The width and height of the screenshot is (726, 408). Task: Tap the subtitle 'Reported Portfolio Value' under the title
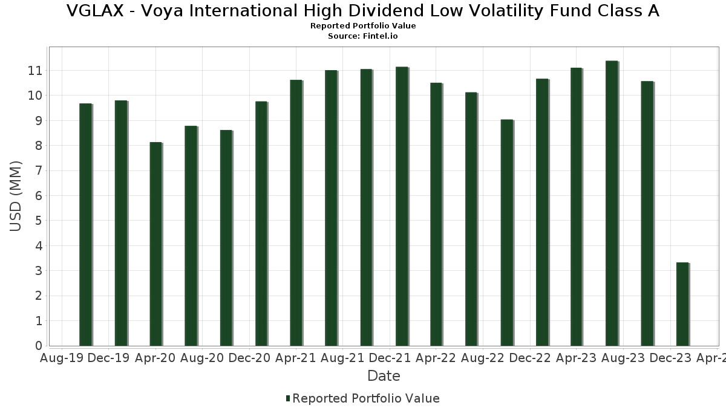(363, 26)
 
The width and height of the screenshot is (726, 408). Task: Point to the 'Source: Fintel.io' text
(363, 36)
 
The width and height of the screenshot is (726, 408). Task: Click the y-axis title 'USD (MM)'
(16, 196)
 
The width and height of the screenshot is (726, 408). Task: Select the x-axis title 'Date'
(384, 376)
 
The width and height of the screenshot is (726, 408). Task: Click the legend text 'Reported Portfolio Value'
(366, 398)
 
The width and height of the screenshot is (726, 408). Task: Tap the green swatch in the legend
(288, 398)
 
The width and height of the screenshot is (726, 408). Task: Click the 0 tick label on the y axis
(38, 346)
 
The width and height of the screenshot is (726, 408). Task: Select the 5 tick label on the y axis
(38, 221)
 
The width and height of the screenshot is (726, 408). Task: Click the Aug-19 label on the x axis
(62, 358)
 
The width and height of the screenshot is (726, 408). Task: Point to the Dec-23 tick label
(672, 358)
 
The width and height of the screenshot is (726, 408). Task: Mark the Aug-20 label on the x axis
(202, 358)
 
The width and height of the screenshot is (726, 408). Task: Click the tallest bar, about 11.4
(612, 203)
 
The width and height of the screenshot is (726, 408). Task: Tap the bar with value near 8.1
(155, 244)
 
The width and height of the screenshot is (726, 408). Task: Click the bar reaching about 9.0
(506, 233)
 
